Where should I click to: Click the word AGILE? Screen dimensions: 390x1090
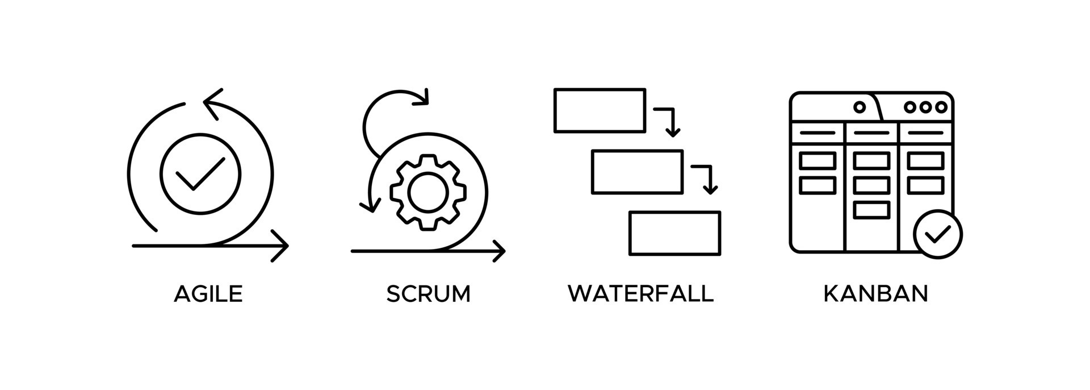(208, 294)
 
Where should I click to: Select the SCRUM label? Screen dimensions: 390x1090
(428, 294)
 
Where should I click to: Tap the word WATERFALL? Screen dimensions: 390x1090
(640, 294)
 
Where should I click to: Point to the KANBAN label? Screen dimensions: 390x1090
(875, 294)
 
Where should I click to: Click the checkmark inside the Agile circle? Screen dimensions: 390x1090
(200, 173)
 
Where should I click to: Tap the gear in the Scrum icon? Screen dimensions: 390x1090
(427, 193)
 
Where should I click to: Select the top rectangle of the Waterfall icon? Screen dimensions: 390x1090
(599, 110)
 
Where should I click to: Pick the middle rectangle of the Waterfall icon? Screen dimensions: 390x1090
(637, 172)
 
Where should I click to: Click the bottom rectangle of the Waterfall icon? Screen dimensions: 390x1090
(674, 233)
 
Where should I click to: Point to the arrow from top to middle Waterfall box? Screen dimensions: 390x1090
(668, 120)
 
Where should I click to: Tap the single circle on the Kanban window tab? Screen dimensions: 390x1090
(860, 107)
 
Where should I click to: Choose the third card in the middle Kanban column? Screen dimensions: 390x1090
(871, 210)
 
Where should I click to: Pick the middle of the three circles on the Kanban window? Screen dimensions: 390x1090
(926, 107)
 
